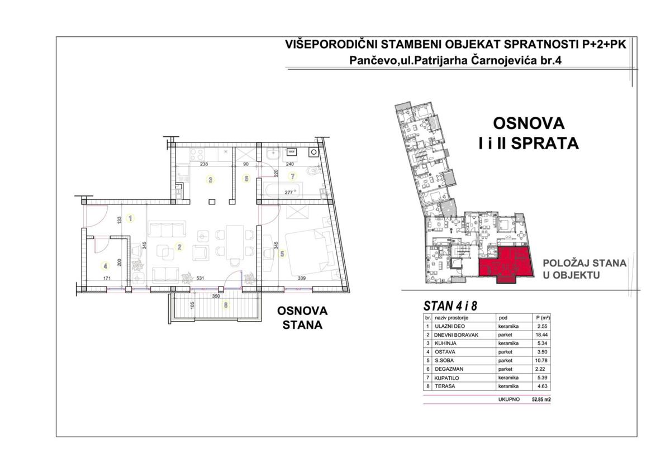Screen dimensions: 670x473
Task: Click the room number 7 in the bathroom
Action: coord(293,176)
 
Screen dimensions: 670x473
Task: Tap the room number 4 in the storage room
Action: coord(105,266)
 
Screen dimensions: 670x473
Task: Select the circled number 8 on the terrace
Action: coord(226,305)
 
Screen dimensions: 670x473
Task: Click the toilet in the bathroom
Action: coord(314,171)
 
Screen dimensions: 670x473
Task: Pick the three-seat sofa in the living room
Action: coord(166,229)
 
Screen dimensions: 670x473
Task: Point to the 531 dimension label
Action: coord(201,278)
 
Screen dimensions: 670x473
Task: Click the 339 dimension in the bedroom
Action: coord(301,278)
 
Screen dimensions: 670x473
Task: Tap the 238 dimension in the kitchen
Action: coord(204,164)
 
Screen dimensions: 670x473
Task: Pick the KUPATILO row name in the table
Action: coord(446,378)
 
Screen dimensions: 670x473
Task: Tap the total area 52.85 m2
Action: coord(541,400)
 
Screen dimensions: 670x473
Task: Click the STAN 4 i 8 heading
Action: coord(450,305)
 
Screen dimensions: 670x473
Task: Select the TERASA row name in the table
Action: coord(445,386)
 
